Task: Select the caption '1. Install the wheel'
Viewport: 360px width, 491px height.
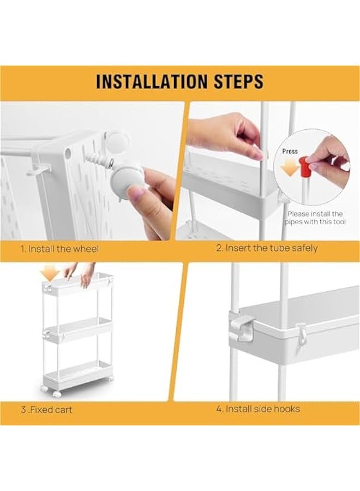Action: click(x=60, y=249)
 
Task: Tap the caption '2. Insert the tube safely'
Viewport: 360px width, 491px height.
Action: click(x=267, y=248)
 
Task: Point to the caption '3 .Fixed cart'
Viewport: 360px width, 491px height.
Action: click(x=46, y=409)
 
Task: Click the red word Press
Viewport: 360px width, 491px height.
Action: click(x=290, y=151)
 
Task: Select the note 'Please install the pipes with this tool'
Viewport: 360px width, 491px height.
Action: click(x=315, y=218)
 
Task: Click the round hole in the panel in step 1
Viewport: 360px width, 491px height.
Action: click(x=68, y=154)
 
